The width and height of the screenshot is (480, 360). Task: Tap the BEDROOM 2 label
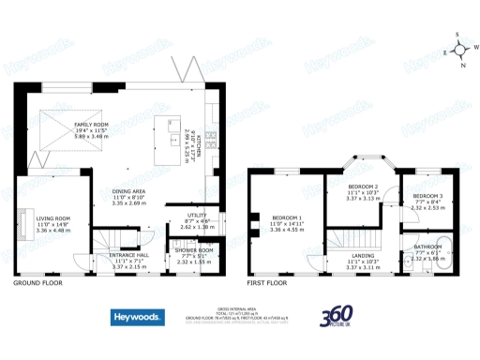361,187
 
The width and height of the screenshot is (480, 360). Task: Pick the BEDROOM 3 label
427,195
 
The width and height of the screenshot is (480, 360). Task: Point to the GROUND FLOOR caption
37,282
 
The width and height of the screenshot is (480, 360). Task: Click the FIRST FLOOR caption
270,282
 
